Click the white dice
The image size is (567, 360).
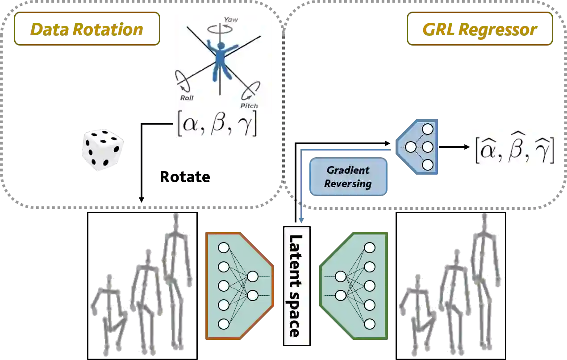[103, 150]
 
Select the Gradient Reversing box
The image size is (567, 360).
[348, 177]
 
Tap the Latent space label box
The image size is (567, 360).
[296, 286]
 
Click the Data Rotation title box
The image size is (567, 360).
[86, 29]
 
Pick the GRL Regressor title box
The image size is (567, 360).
[480, 29]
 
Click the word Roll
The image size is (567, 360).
[187, 98]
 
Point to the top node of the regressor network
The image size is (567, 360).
[428, 130]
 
